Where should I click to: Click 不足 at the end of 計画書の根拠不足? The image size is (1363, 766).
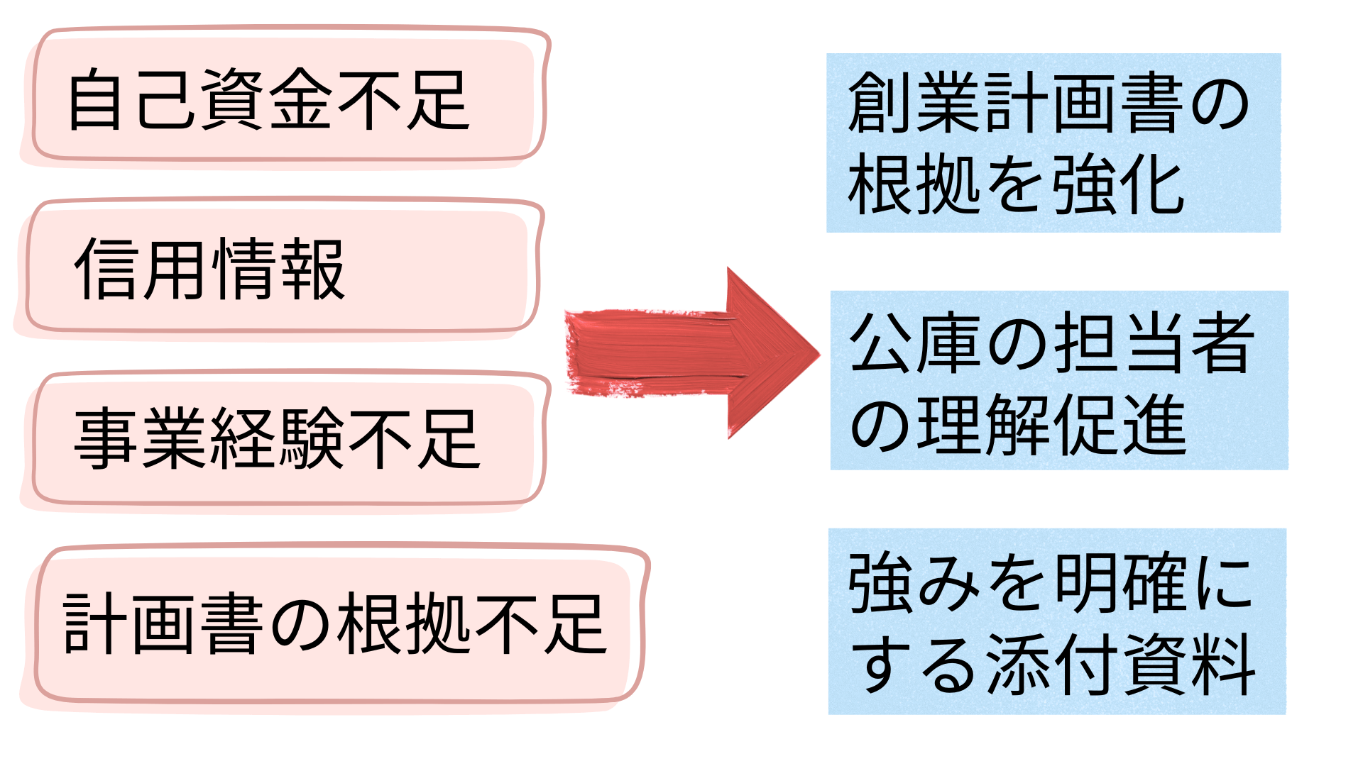(540, 624)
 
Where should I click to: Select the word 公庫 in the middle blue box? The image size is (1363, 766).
(916, 343)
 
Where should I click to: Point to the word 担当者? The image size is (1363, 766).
(1153, 343)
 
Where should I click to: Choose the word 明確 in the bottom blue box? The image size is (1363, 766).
(1119, 583)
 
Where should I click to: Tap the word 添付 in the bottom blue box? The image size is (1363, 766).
(1051, 665)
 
